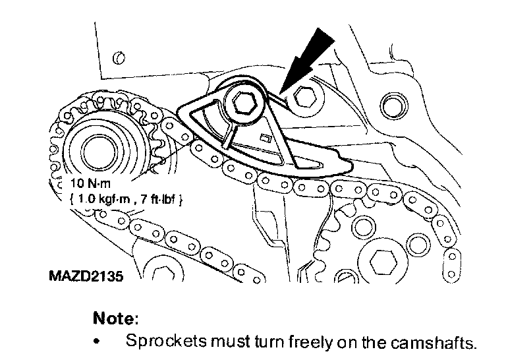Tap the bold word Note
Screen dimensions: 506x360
coord(115,318)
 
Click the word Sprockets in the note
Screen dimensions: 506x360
coord(157,342)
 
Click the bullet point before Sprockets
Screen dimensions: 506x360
coord(98,343)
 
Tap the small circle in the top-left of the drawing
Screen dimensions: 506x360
coord(119,59)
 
